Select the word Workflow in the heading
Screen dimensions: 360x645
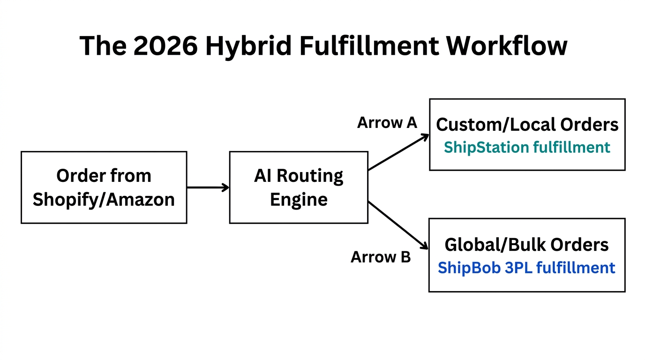pyautogui.click(x=507, y=46)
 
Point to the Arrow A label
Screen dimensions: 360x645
pyautogui.click(x=387, y=123)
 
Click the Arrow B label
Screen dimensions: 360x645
pyautogui.click(x=381, y=257)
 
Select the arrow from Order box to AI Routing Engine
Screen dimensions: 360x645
pyautogui.click(x=208, y=187)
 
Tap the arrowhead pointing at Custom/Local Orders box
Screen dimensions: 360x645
pyautogui.click(x=426, y=136)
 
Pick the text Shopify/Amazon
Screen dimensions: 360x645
pyautogui.click(x=104, y=200)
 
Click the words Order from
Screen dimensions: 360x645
pyautogui.click(x=104, y=176)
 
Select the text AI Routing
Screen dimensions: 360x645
pyautogui.click(x=299, y=176)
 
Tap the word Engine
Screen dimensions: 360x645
pyautogui.click(x=299, y=200)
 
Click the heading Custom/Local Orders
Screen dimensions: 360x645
pyautogui.click(x=527, y=125)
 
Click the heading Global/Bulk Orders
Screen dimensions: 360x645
pyautogui.click(x=526, y=245)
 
